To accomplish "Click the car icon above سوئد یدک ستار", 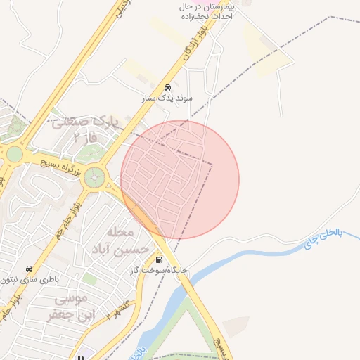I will coord(167,88).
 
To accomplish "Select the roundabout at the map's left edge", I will coord(14,154).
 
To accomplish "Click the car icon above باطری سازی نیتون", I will coord(29,269).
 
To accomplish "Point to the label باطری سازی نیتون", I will coord(29,279).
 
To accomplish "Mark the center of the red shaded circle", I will coord(180,179).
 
